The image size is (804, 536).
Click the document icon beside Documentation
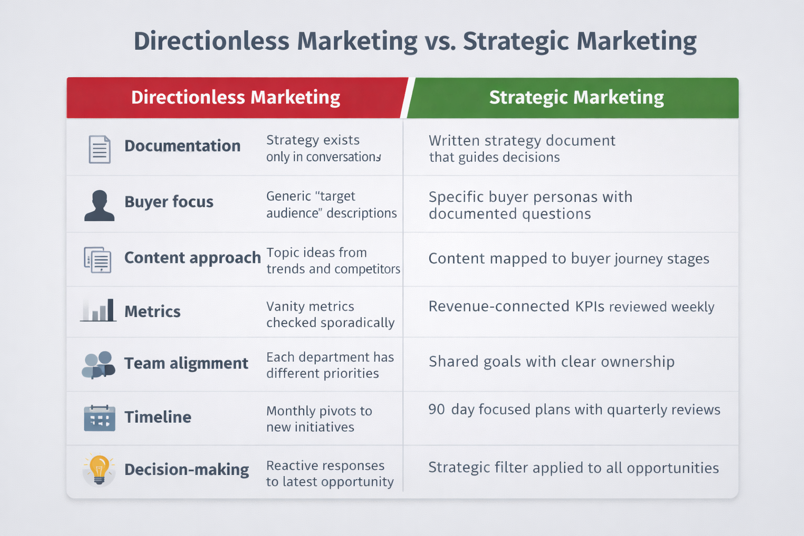(99, 149)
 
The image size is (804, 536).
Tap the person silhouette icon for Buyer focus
(99, 205)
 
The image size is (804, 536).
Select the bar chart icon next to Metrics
(98, 310)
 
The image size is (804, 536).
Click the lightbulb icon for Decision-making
(99, 468)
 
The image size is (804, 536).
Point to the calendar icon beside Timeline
(99, 418)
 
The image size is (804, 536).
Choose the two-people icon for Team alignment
(98, 364)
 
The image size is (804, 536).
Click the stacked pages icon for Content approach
(98, 259)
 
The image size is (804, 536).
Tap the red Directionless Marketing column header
(236, 97)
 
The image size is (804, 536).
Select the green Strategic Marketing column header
(576, 97)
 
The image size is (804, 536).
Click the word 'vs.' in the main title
(440, 41)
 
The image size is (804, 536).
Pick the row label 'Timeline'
(158, 417)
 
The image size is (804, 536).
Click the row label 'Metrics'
(152, 311)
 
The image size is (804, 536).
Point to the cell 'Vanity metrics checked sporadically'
(330, 314)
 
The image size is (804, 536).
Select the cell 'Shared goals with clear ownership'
(551, 362)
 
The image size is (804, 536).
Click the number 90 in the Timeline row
(437, 409)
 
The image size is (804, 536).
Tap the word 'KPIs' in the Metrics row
(589, 306)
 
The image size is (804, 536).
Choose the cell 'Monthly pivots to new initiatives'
(319, 419)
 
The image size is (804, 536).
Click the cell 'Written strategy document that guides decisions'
(521, 149)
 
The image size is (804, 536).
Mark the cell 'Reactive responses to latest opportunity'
(329, 473)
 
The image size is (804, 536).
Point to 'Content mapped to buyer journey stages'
(568, 259)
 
